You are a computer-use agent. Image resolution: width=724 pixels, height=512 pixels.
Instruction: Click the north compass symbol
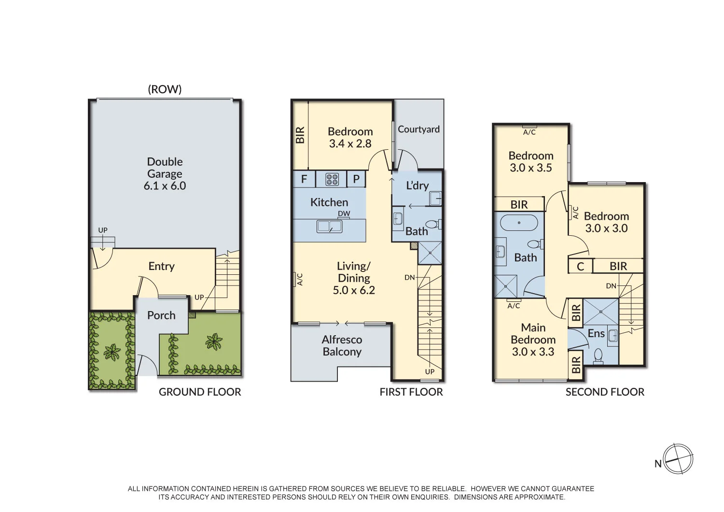tap(678, 459)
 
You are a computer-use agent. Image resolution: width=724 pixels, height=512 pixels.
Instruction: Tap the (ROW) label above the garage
tap(165, 89)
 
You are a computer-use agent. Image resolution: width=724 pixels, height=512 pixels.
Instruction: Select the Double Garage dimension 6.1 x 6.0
tap(165, 186)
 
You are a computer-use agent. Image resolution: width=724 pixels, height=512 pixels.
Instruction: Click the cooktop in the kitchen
tap(332, 179)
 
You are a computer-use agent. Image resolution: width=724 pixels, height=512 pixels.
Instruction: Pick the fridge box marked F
tap(304, 179)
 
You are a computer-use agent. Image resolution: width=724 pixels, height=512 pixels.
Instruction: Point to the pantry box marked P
tap(356, 179)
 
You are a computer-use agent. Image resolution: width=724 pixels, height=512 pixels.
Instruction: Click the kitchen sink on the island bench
tap(329, 226)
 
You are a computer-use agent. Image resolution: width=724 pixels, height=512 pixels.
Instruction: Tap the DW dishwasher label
tap(344, 213)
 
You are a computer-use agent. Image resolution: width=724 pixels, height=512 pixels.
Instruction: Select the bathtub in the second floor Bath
tap(519, 223)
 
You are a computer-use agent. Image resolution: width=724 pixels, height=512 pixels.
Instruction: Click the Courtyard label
tap(418, 129)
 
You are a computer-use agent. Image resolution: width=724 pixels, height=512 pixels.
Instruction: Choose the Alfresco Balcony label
tap(342, 346)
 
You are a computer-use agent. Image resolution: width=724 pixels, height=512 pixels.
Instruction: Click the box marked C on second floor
tap(581, 267)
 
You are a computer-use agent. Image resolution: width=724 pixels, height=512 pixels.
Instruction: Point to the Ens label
tap(596, 333)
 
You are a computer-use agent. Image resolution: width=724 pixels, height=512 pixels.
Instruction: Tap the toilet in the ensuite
tap(598, 356)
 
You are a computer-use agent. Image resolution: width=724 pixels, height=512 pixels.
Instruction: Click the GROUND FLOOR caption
tap(200, 392)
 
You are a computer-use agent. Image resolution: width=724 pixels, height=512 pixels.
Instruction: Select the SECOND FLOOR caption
tap(605, 392)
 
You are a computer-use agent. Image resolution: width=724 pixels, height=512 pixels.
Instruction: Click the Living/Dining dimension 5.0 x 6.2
tap(354, 290)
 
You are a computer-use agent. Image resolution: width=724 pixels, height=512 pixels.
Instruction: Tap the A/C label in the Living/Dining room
tap(299, 279)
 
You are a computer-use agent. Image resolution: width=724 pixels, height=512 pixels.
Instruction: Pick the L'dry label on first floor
tap(417, 185)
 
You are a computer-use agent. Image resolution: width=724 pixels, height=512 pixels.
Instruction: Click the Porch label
tap(161, 315)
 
